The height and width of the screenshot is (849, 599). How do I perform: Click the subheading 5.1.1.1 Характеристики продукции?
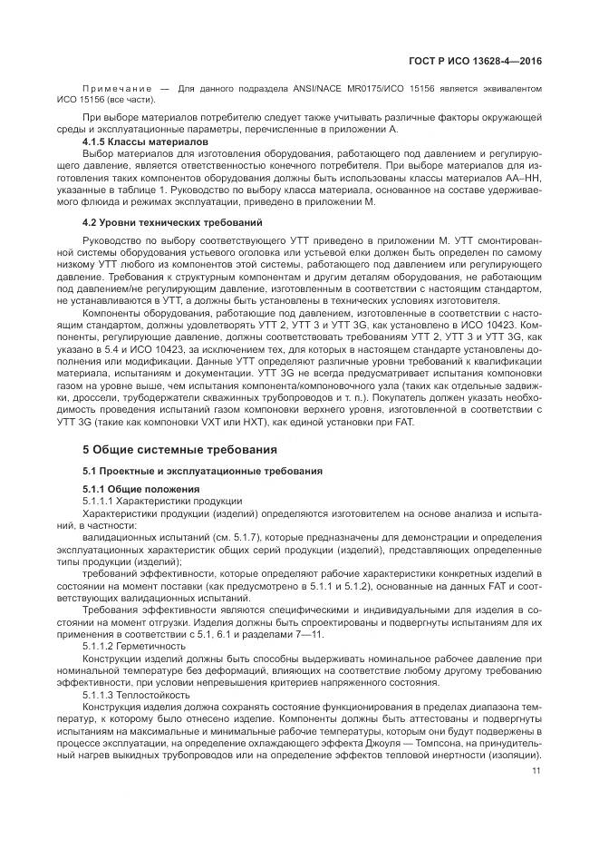click(162, 501)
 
